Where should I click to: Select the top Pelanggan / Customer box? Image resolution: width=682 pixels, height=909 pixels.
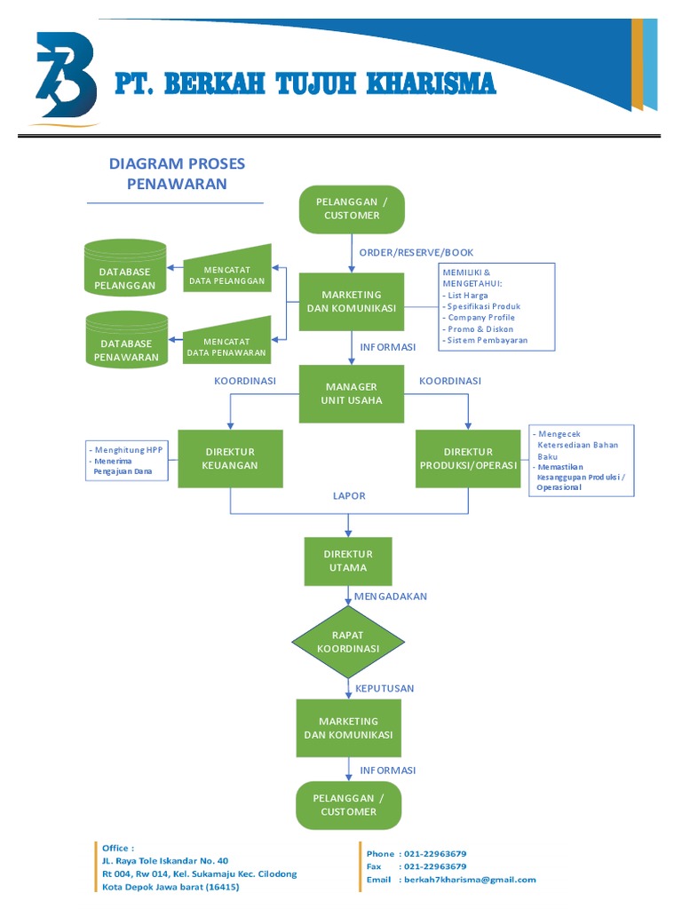[x=352, y=209]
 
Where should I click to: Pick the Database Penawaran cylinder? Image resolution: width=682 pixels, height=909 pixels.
[x=127, y=340]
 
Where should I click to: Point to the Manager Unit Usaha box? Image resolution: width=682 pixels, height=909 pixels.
[x=352, y=393]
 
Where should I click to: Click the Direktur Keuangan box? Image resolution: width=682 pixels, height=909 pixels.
[x=230, y=459]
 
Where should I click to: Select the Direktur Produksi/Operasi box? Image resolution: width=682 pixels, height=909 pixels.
[x=468, y=459]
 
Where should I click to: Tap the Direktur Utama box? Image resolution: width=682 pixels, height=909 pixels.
[x=348, y=561]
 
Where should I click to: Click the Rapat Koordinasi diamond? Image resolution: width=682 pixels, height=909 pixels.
[x=348, y=642]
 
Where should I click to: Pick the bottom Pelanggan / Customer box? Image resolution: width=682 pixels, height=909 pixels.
[x=348, y=805]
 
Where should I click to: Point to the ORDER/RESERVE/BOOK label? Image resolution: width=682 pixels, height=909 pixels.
[x=416, y=253]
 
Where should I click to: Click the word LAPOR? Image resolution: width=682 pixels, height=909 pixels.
[x=349, y=496]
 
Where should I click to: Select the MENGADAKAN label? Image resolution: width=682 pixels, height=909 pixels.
[x=391, y=597]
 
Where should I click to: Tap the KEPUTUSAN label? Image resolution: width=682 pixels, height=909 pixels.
[x=385, y=689]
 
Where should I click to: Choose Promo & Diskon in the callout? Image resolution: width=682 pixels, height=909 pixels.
[x=480, y=329]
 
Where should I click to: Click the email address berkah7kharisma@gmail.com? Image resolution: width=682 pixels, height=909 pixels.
[x=470, y=880]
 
